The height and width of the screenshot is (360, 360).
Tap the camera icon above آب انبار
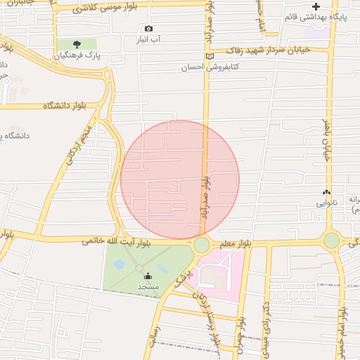[148, 29]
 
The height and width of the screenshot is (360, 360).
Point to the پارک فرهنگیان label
[78, 55]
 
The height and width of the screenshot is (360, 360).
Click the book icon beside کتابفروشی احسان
[209, 57]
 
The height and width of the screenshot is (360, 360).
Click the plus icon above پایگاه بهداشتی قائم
[316, 6]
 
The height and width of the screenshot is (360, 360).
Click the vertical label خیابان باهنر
[327, 141]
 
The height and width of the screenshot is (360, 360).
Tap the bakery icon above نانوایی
[326, 192]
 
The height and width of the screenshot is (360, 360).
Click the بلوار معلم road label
[236, 244]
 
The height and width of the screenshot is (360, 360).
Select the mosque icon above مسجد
[148, 276]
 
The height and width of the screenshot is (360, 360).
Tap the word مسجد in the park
[148, 287]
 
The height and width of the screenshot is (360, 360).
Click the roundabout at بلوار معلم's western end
[202, 245]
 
